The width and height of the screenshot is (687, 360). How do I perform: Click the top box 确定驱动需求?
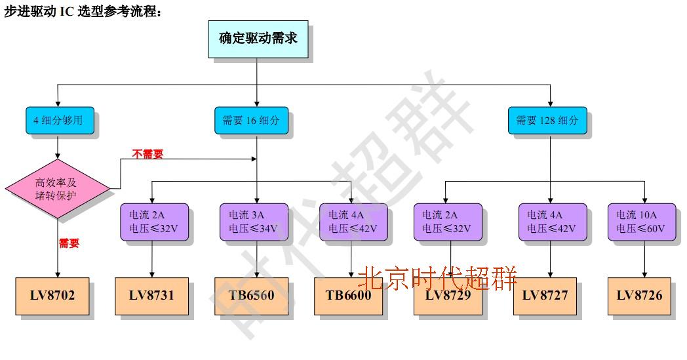258,39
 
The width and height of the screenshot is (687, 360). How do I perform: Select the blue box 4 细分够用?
59,121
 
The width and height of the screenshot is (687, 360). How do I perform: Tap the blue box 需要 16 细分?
251,121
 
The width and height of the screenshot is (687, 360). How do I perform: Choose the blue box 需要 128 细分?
547,121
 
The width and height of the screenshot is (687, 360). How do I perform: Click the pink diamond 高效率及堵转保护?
56,189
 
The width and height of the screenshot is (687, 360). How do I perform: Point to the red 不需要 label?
147,154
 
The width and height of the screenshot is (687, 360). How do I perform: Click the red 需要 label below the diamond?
69,243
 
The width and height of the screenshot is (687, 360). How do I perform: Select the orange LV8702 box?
52,296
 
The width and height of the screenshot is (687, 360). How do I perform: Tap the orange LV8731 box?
152,296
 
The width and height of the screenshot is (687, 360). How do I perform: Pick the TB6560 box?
252,296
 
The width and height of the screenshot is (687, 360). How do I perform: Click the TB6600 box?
348,296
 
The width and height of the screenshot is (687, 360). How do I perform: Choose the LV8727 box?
545,296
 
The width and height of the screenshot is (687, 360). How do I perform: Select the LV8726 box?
639,296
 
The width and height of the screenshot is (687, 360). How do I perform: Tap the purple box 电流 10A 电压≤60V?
641,222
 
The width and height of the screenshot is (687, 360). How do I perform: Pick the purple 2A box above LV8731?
153,222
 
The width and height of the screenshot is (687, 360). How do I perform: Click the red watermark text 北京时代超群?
438,278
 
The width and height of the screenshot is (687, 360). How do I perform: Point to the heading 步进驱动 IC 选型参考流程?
83,12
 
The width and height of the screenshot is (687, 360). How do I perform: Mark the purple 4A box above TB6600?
353,222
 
